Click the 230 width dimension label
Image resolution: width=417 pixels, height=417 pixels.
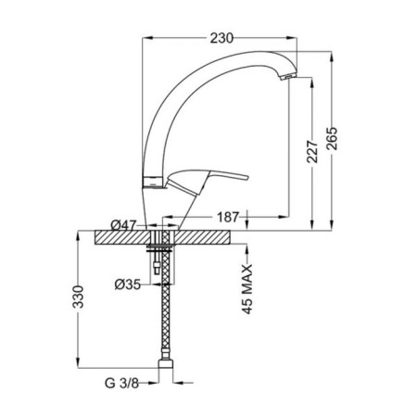coord(221,38)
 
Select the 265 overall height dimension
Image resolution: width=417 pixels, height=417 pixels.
coord(333,138)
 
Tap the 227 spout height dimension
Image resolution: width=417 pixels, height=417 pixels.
coord(312,151)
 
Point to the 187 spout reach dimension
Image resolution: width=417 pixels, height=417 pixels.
coord(228,217)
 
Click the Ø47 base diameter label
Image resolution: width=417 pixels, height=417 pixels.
coord(123,225)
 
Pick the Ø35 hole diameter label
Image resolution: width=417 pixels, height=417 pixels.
coord(127,284)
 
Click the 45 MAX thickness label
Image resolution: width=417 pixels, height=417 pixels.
coord(247,289)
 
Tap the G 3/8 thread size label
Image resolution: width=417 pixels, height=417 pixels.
coord(121,384)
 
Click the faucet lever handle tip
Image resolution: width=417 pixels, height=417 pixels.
coord(246,177)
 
